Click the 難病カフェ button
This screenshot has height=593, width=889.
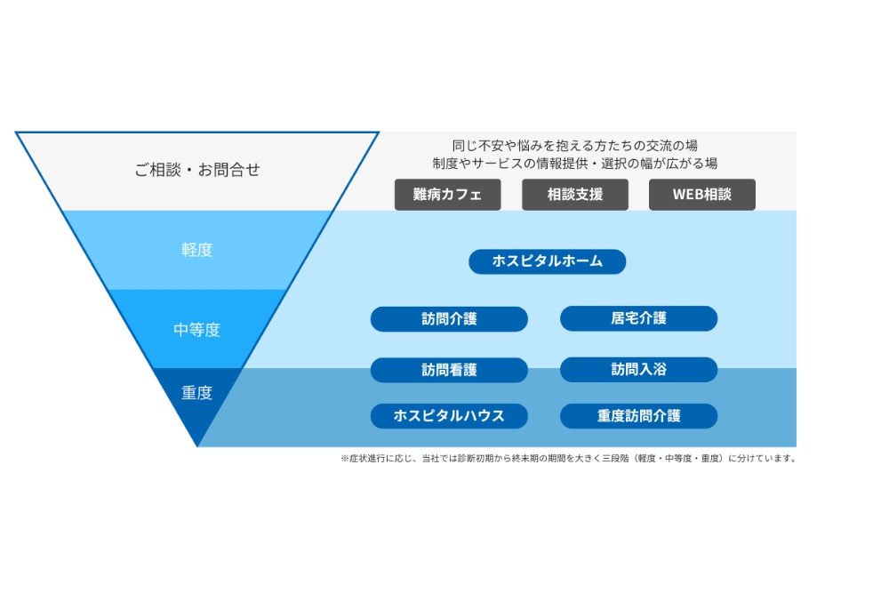pos(447,195)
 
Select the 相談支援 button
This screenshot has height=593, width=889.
pos(574,195)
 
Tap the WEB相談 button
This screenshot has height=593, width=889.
pos(701,195)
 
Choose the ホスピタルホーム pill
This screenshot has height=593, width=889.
pos(547,261)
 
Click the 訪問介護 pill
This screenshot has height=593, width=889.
pos(449,318)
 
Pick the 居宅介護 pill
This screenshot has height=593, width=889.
pos(638,318)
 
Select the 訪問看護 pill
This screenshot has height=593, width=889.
pos(449,370)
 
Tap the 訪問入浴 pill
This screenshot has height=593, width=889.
pos(638,370)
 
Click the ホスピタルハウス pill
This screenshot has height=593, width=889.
pos(449,415)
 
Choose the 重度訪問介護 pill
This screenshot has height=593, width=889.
pos(638,415)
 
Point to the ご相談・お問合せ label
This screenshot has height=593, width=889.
pos(197,170)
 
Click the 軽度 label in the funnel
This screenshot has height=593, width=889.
pos(197,250)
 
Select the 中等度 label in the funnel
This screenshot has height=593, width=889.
pos(197,330)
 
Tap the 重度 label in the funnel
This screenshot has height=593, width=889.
pos(197,392)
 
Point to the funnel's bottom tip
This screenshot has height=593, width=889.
pos(197,444)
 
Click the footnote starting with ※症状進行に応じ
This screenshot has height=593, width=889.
pos(568,459)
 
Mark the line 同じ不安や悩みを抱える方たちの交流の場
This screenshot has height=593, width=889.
pos(574,146)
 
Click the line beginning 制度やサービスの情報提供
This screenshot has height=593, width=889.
pos(574,164)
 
